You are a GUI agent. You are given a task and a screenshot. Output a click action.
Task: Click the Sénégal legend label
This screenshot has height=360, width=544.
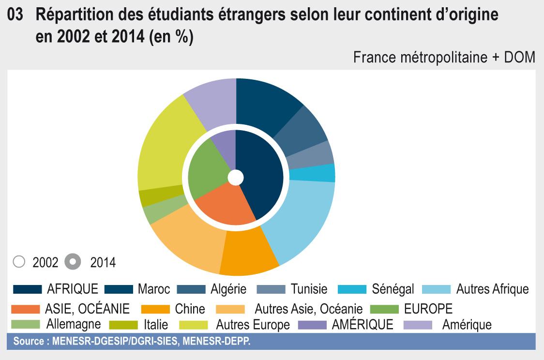tap(393, 289)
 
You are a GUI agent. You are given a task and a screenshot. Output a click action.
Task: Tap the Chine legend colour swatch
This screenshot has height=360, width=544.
tap(155, 309)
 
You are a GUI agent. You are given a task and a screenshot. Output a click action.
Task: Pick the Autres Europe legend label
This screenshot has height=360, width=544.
tap(253, 324)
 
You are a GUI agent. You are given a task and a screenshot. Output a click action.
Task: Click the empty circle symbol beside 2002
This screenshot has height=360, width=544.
tap(19, 262)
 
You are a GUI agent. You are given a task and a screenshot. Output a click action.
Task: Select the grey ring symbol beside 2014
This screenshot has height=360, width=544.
tap(72, 262)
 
